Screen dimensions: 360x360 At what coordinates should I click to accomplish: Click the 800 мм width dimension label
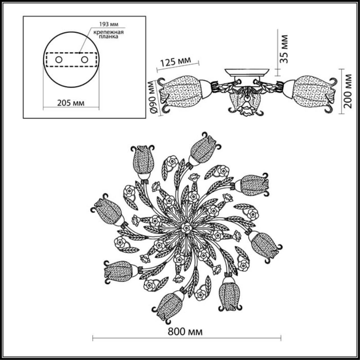pyautogui.click(x=185, y=332)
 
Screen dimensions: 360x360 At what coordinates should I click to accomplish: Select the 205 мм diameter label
pyautogui.click(x=71, y=103)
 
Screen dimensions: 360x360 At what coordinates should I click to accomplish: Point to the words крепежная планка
pyautogui.click(x=109, y=34)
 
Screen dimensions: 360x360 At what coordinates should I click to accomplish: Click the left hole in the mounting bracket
pyautogui.click(x=59, y=60)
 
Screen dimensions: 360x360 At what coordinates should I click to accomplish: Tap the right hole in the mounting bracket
pyautogui.click(x=84, y=60)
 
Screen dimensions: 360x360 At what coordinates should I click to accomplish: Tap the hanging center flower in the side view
pyautogui.click(x=244, y=108)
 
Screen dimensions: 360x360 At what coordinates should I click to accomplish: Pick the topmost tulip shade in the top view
pyautogui.click(x=203, y=149)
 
